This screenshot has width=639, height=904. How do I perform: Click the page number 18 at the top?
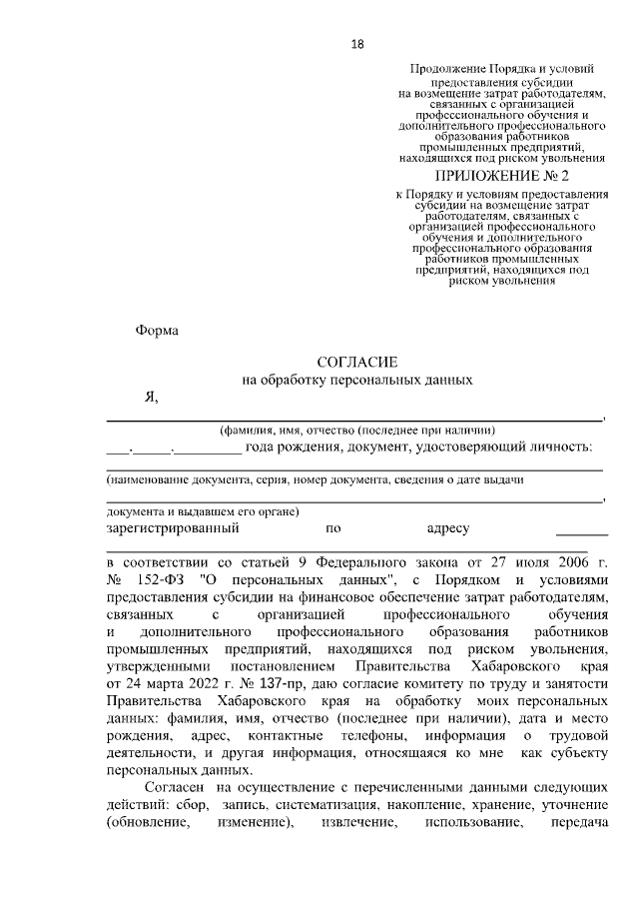click(x=356, y=43)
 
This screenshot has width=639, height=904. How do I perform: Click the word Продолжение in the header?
click(x=448, y=68)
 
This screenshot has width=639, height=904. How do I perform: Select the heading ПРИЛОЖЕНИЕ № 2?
click(x=495, y=176)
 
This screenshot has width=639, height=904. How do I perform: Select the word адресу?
click(x=447, y=527)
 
